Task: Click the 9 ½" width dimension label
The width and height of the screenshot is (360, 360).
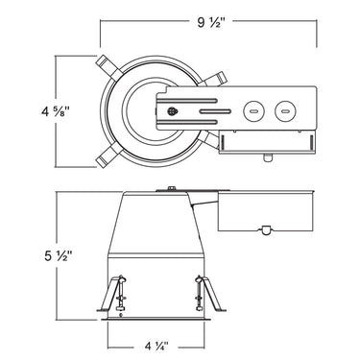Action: pyautogui.click(x=208, y=20)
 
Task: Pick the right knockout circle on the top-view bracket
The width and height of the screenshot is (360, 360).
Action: pyautogui.click(x=285, y=110)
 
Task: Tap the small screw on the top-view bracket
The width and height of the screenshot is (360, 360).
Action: pyautogui.click(x=173, y=110)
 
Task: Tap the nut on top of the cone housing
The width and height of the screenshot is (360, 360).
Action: pyautogui.click(x=169, y=189)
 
